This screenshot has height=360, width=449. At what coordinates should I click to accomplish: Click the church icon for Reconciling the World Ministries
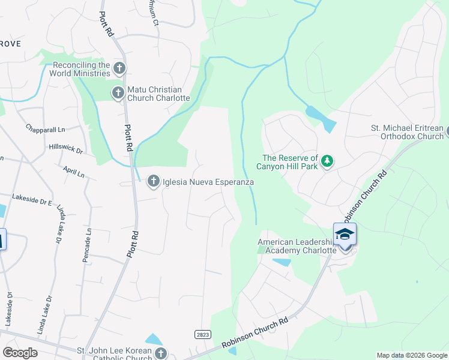(x=119, y=68)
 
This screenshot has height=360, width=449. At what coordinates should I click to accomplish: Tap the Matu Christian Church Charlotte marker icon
(x=118, y=92)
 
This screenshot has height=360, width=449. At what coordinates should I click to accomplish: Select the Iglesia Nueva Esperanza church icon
(x=153, y=181)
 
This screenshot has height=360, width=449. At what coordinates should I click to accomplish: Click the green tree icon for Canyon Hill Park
(x=327, y=161)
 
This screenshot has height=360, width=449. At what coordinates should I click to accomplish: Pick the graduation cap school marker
(x=345, y=233)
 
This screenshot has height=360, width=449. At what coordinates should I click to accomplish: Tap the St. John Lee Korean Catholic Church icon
(x=160, y=353)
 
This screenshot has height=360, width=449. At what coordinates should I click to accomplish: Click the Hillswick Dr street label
(x=65, y=148)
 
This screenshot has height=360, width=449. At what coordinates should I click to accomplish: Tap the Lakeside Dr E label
(x=32, y=199)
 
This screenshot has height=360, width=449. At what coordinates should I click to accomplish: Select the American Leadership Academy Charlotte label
(x=297, y=246)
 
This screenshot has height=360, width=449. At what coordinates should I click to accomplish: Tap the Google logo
(x=20, y=353)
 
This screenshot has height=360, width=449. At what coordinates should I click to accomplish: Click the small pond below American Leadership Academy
(x=281, y=262)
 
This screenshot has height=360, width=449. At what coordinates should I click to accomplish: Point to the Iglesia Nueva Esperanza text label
(x=207, y=182)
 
